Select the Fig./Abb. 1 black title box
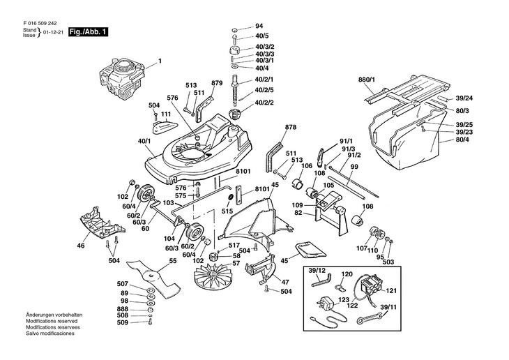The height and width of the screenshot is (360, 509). click(88, 32)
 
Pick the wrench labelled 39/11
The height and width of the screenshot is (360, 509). click(369, 318)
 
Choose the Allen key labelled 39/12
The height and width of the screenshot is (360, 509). click(321, 280)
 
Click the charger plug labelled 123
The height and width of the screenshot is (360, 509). click(325, 304)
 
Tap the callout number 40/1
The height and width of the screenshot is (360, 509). click(144, 142)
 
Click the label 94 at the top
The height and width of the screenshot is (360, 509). click(259, 26)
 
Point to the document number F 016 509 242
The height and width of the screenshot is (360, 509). click(40, 24)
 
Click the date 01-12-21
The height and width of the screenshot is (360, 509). click(52, 33)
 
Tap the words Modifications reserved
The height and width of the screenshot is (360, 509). click(52, 321)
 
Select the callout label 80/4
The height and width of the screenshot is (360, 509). click(462, 140)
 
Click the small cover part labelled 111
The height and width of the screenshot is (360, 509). click(163, 126)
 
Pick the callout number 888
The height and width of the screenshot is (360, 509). click(123, 309)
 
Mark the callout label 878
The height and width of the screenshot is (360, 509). click(291, 128)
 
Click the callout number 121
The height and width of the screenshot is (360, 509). click(391, 291)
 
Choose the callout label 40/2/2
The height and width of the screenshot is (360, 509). click(264, 103)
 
